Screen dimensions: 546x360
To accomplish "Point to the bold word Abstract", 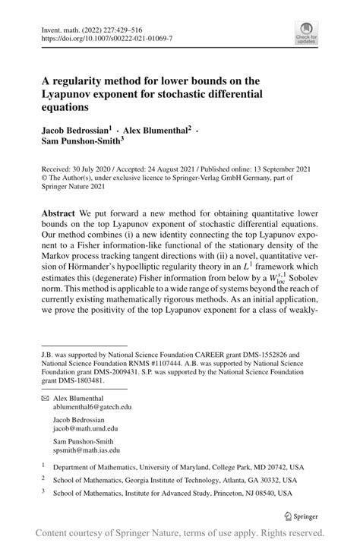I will pos(58,215).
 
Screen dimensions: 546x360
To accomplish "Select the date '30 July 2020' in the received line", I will pos(89,172).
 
